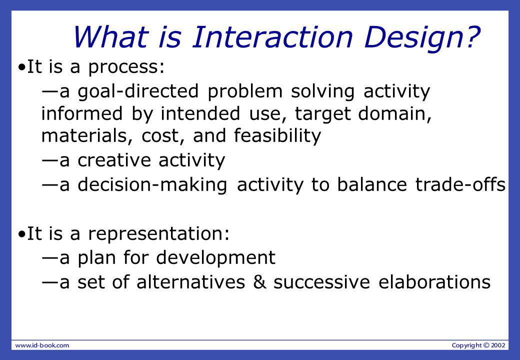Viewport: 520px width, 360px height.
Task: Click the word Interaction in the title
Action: [x=272, y=36]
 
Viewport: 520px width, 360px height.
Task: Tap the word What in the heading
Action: [x=110, y=36]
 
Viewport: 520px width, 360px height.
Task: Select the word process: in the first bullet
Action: [x=126, y=67]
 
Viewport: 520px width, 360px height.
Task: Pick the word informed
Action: [x=82, y=113]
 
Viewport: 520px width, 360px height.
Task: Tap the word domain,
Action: [x=395, y=114]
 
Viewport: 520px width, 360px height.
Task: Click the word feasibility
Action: [x=277, y=136]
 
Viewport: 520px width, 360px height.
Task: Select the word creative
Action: [x=114, y=160]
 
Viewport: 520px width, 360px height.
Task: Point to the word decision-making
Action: [x=152, y=185]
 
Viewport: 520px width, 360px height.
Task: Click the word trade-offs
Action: [x=460, y=184]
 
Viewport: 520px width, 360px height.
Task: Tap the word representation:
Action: [x=159, y=233]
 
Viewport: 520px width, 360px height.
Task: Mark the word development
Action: [x=215, y=258]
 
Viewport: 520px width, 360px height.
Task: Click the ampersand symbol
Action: [x=259, y=282]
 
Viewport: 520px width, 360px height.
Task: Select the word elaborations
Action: [x=434, y=282]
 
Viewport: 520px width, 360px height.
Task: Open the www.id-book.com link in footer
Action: [x=42, y=345]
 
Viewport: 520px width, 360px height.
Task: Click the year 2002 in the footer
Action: [x=498, y=345]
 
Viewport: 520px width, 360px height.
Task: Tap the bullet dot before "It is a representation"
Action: [x=22, y=234]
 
